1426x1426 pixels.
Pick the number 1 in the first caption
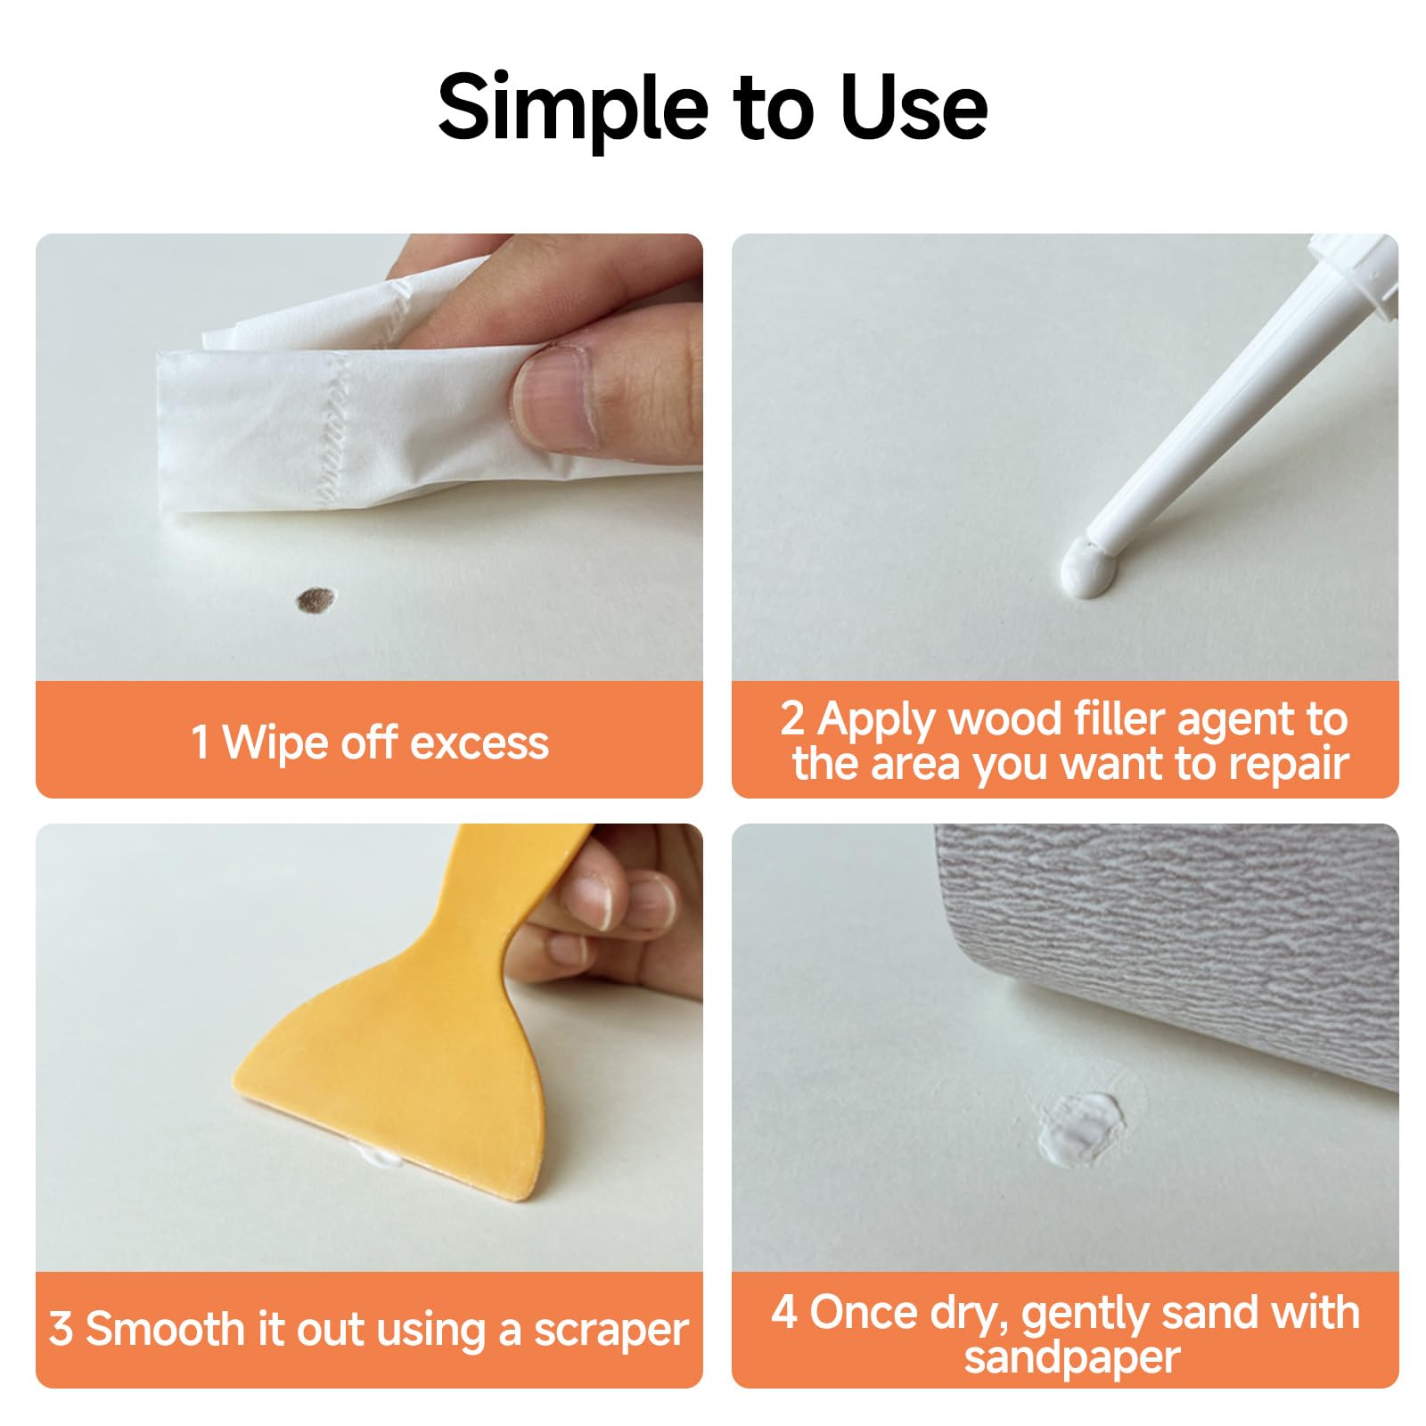coord(201,742)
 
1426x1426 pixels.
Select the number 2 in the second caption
coord(792,718)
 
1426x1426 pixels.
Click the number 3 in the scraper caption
coord(61,1329)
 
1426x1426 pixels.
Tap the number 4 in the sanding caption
coord(784,1313)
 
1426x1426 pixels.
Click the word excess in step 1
coord(479,743)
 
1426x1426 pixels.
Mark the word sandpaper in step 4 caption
coord(1072,1358)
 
